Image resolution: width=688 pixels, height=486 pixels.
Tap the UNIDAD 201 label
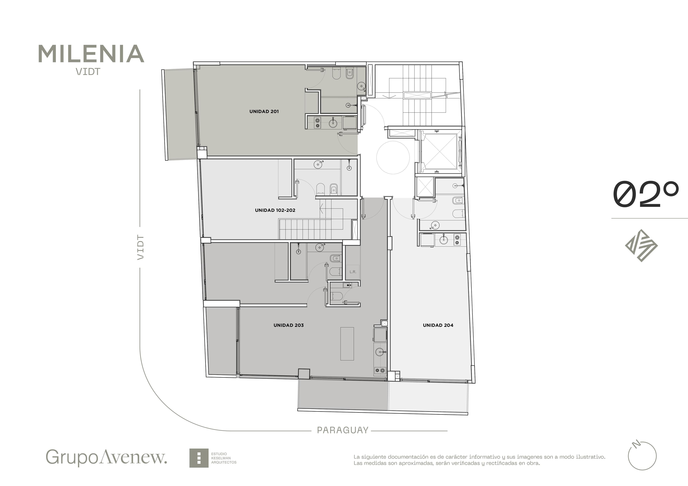pyautogui.click(x=264, y=111)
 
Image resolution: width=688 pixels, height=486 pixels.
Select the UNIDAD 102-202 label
pyautogui.click(x=275, y=210)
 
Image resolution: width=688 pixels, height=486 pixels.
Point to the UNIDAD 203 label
pyautogui.click(x=289, y=325)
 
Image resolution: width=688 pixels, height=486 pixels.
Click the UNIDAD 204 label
pyautogui.click(x=438, y=325)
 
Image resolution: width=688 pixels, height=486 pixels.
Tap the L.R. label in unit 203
pyautogui.click(x=353, y=272)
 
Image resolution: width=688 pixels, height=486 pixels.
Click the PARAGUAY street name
pyautogui.click(x=343, y=430)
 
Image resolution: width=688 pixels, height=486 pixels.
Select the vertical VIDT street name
pyautogui.click(x=140, y=247)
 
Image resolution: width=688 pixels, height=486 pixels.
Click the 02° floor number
pyautogui.click(x=646, y=194)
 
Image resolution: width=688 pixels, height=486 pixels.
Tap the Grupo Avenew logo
pyautogui.click(x=106, y=457)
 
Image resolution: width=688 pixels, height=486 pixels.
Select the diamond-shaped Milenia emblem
pyautogui.click(x=641, y=246)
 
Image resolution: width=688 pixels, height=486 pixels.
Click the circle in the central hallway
pyautogui.click(x=393, y=158)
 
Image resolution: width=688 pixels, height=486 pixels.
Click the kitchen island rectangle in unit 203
pyautogui.click(x=347, y=344)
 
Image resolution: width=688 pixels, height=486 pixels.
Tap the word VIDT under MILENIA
pyautogui.click(x=88, y=72)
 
